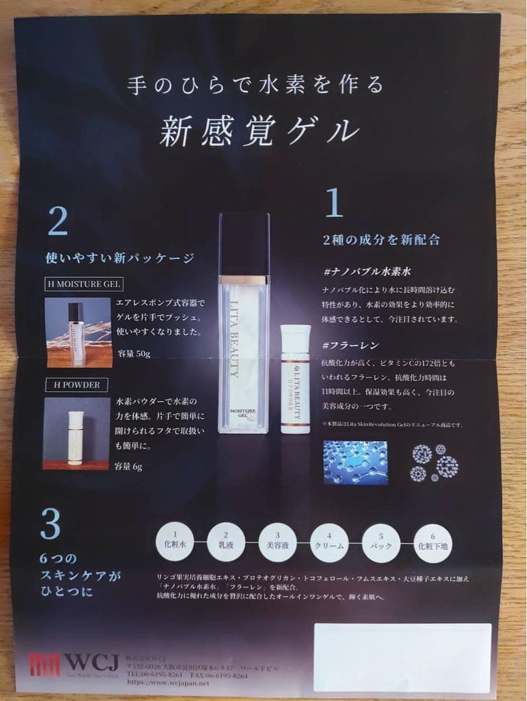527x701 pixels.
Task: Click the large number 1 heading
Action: click(333, 204)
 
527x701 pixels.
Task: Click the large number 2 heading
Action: click(57, 222)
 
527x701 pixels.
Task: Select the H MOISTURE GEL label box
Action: click(84, 284)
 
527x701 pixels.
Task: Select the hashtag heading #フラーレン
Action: click(351, 345)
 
